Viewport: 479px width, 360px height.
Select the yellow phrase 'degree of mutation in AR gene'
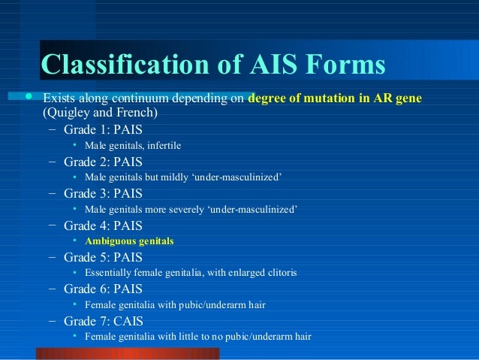click(x=334, y=99)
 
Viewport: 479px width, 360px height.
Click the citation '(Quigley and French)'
click(x=99, y=113)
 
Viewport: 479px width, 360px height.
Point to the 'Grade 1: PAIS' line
click(x=103, y=129)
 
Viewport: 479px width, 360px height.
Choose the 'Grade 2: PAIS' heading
click(x=103, y=162)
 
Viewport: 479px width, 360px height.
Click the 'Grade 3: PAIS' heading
click(x=103, y=193)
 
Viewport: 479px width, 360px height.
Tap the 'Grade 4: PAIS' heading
click(x=103, y=225)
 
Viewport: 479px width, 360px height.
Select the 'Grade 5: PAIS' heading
click(x=103, y=257)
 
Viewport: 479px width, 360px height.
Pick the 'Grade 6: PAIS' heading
click(x=103, y=289)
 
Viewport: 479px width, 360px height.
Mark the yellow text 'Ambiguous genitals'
click(x=129, y=241)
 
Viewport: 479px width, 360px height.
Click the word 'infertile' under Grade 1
click(x=164, y=146)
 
